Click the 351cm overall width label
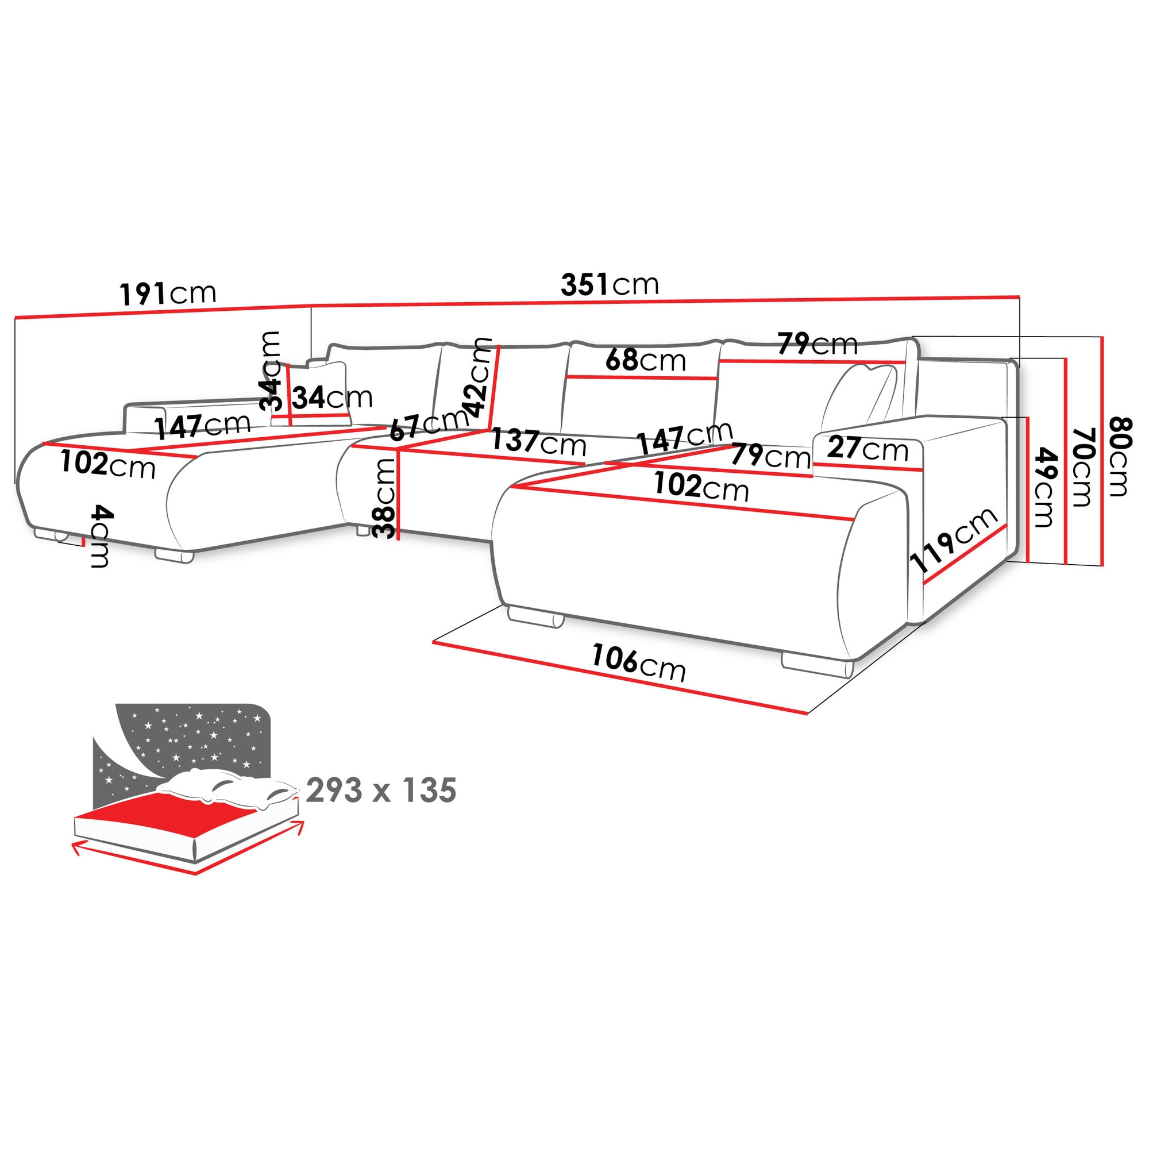click(x=610, y=285)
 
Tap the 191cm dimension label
click(x=168, y=293)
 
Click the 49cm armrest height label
click(x=1045, y=487)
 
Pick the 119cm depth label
click(x=953, y=539)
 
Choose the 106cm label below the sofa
click(x=638, y=662)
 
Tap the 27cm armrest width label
click(x=867, y=449)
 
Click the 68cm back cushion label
click(x=645, y=360)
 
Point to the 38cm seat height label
click(x=385, y=498)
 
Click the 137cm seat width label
click(x=538, y=442)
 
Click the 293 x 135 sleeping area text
click(x=381, y=791)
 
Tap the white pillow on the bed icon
click(x=226, y=786)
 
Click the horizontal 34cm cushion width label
click(x=332, y=398)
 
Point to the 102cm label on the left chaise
click(x=107, y=464)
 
